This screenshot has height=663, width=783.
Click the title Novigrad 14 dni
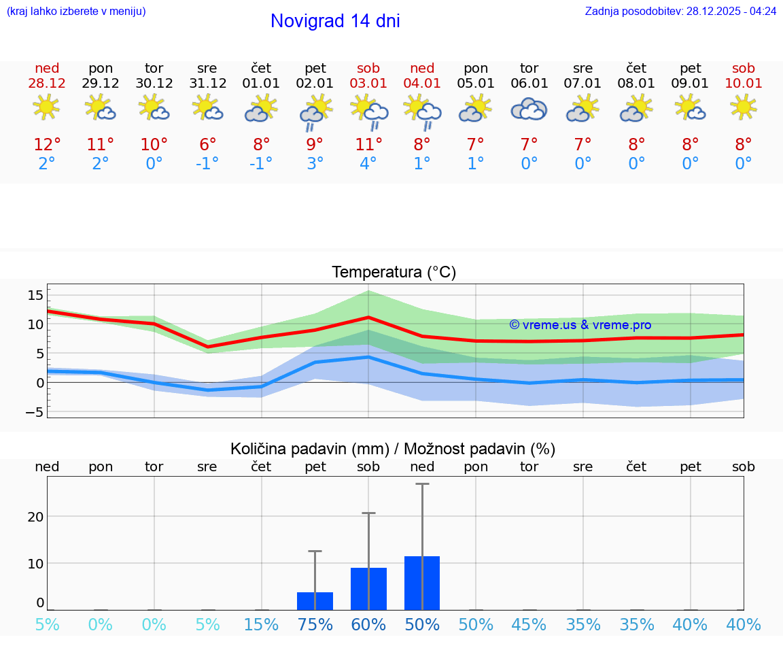pos(335,21)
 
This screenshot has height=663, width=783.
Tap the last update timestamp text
pos(680,12)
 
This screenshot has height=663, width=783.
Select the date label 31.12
pos(207,84)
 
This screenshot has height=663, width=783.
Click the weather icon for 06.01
pos(529,109)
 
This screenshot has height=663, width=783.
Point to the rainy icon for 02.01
pos(315,112)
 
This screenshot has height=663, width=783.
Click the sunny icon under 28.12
pos(46,107)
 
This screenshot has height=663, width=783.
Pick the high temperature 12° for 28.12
pos(47,145)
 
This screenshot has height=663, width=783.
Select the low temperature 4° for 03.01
pos(368,164)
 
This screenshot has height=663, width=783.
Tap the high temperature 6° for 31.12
pos(207,145)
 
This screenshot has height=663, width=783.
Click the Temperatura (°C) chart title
pos(394,273)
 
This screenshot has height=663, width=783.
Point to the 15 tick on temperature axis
pos(35,294)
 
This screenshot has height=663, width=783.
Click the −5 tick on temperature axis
pos(35,412)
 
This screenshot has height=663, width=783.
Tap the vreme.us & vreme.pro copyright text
pos(580,325)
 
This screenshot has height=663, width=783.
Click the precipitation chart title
pos(393,449)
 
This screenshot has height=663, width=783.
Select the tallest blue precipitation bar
pos(422,583)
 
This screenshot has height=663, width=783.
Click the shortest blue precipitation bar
pos(315,601)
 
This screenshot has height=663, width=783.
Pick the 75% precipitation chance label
pos(315,625)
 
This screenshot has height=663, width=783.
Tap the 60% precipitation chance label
pos(368,625)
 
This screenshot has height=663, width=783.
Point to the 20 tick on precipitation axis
pos(35,516)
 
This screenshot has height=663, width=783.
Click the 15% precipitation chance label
pos(261,625)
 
